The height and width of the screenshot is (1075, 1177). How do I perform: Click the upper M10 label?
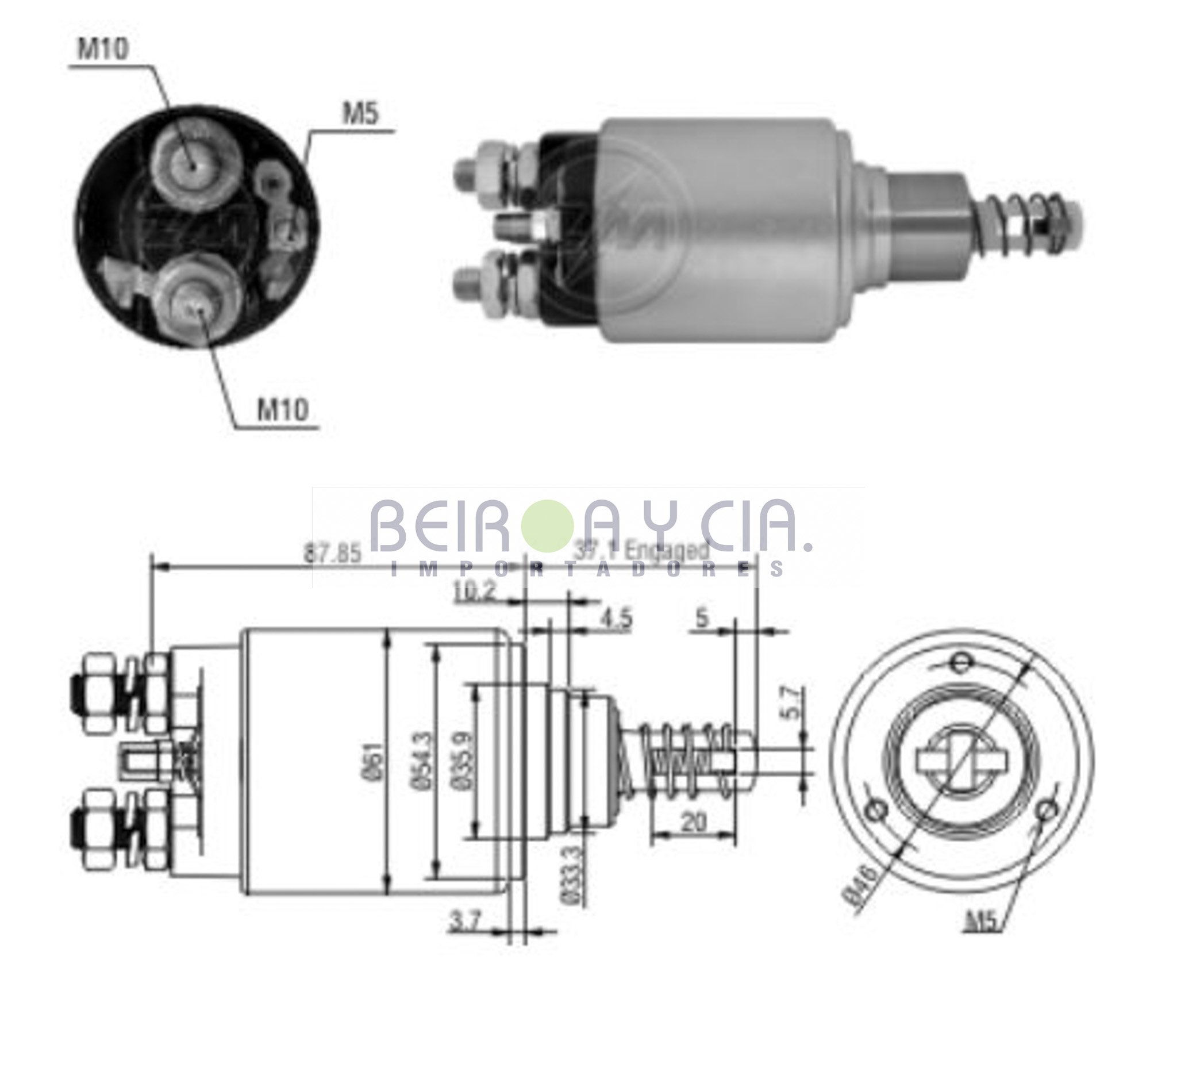click(x=103, y=50)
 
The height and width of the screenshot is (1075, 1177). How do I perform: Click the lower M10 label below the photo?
click(x=283, y=409)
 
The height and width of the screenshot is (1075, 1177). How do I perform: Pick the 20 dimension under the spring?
click(x=693, y=822)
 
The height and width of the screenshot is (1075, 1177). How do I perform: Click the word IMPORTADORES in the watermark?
click(x=587, y=569)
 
